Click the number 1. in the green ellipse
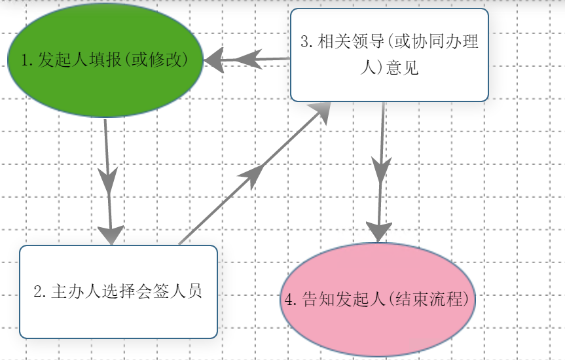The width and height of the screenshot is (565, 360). pyautogui.click(x=27, y=61)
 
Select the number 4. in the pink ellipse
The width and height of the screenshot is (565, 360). pyautogui.click(x=292, y=300)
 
